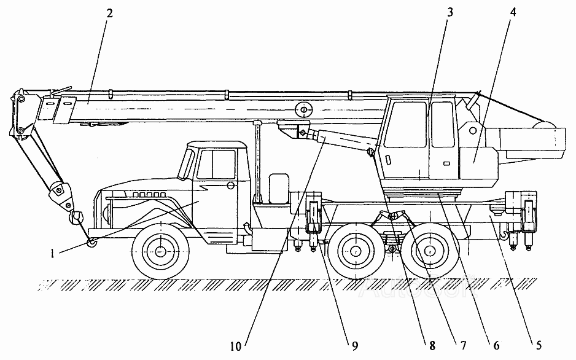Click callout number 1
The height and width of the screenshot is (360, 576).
pyautogui.click(x=53, y=254)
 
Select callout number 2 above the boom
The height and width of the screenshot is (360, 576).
pyautogui.click(x=109, y=14)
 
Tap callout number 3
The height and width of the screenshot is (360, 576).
pyautogui.click(x=450, y=12)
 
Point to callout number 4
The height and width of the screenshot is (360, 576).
pyautogui.click(x=513, y=12)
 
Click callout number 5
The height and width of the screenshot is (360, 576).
pyautogui.click(x=539, y=345)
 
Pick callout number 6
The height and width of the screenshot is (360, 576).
pyautogui.click(x=496, y=345)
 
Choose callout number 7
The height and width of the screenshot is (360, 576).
pyautogui.click(x=463, y=345)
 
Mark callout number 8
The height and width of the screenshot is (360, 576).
pyautogui.click(x=432, y=345)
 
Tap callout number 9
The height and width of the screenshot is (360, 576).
pyautogui.click(x=354, y=346)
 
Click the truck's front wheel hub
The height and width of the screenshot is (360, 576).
pyautogui.click(x=160, y=251)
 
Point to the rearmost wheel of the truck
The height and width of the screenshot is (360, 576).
pyautogui.click(x=429, y=251)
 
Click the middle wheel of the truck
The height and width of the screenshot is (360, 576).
pyautogui.click(x=356, y=251)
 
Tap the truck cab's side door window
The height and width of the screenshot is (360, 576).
pyautogui.click(x=216, y=164)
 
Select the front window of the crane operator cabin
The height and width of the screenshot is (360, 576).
pyautogui.click(x=405, y=125)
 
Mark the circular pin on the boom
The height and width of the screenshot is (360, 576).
pyautogui.click(x=303, y=109)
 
